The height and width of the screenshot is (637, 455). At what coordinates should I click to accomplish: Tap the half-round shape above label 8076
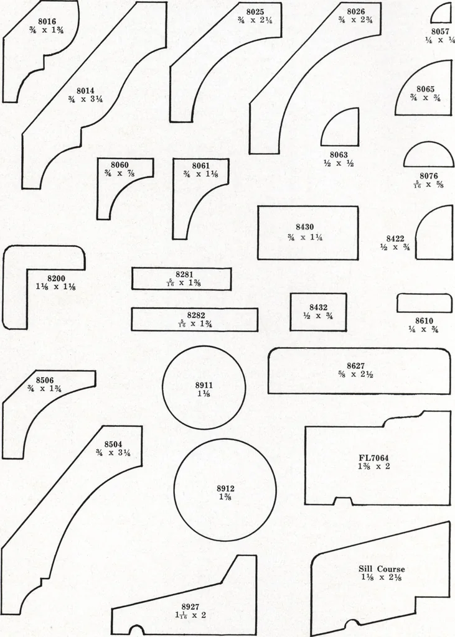click(x=429, y=154)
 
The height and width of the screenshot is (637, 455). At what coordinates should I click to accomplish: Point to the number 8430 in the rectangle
click(x=305, y=227)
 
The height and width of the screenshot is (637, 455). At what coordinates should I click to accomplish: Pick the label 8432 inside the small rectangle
click(x=319, y=307)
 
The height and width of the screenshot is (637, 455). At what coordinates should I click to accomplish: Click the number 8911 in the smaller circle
click(x=204, y=385)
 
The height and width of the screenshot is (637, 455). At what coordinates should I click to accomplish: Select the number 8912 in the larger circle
click(x=225, y=488)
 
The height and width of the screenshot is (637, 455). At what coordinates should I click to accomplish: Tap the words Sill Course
click(x=382, y=569)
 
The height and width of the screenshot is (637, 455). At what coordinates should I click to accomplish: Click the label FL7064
click(x=374, y=458)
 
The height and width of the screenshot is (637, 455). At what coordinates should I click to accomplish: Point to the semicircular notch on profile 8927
click(x=136, y=629)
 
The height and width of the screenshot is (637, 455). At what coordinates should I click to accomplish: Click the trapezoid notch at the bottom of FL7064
click(x=342, y=501)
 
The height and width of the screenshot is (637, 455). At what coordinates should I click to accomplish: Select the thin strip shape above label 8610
click(x=425, y=303)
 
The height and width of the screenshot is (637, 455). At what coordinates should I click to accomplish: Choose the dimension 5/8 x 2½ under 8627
click(x=356, y=374)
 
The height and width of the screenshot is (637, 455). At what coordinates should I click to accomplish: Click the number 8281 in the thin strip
click(x=185, y=274)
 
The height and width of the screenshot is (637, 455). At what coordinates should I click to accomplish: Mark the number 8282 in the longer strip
click(x=196, y=315)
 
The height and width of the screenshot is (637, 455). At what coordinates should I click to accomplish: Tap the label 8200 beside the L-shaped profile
click(x=56, y=278)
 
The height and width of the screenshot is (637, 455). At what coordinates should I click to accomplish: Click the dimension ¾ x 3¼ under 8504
click(x=113, y=453)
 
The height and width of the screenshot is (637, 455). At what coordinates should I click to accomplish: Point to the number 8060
click(x=120, y=165)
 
